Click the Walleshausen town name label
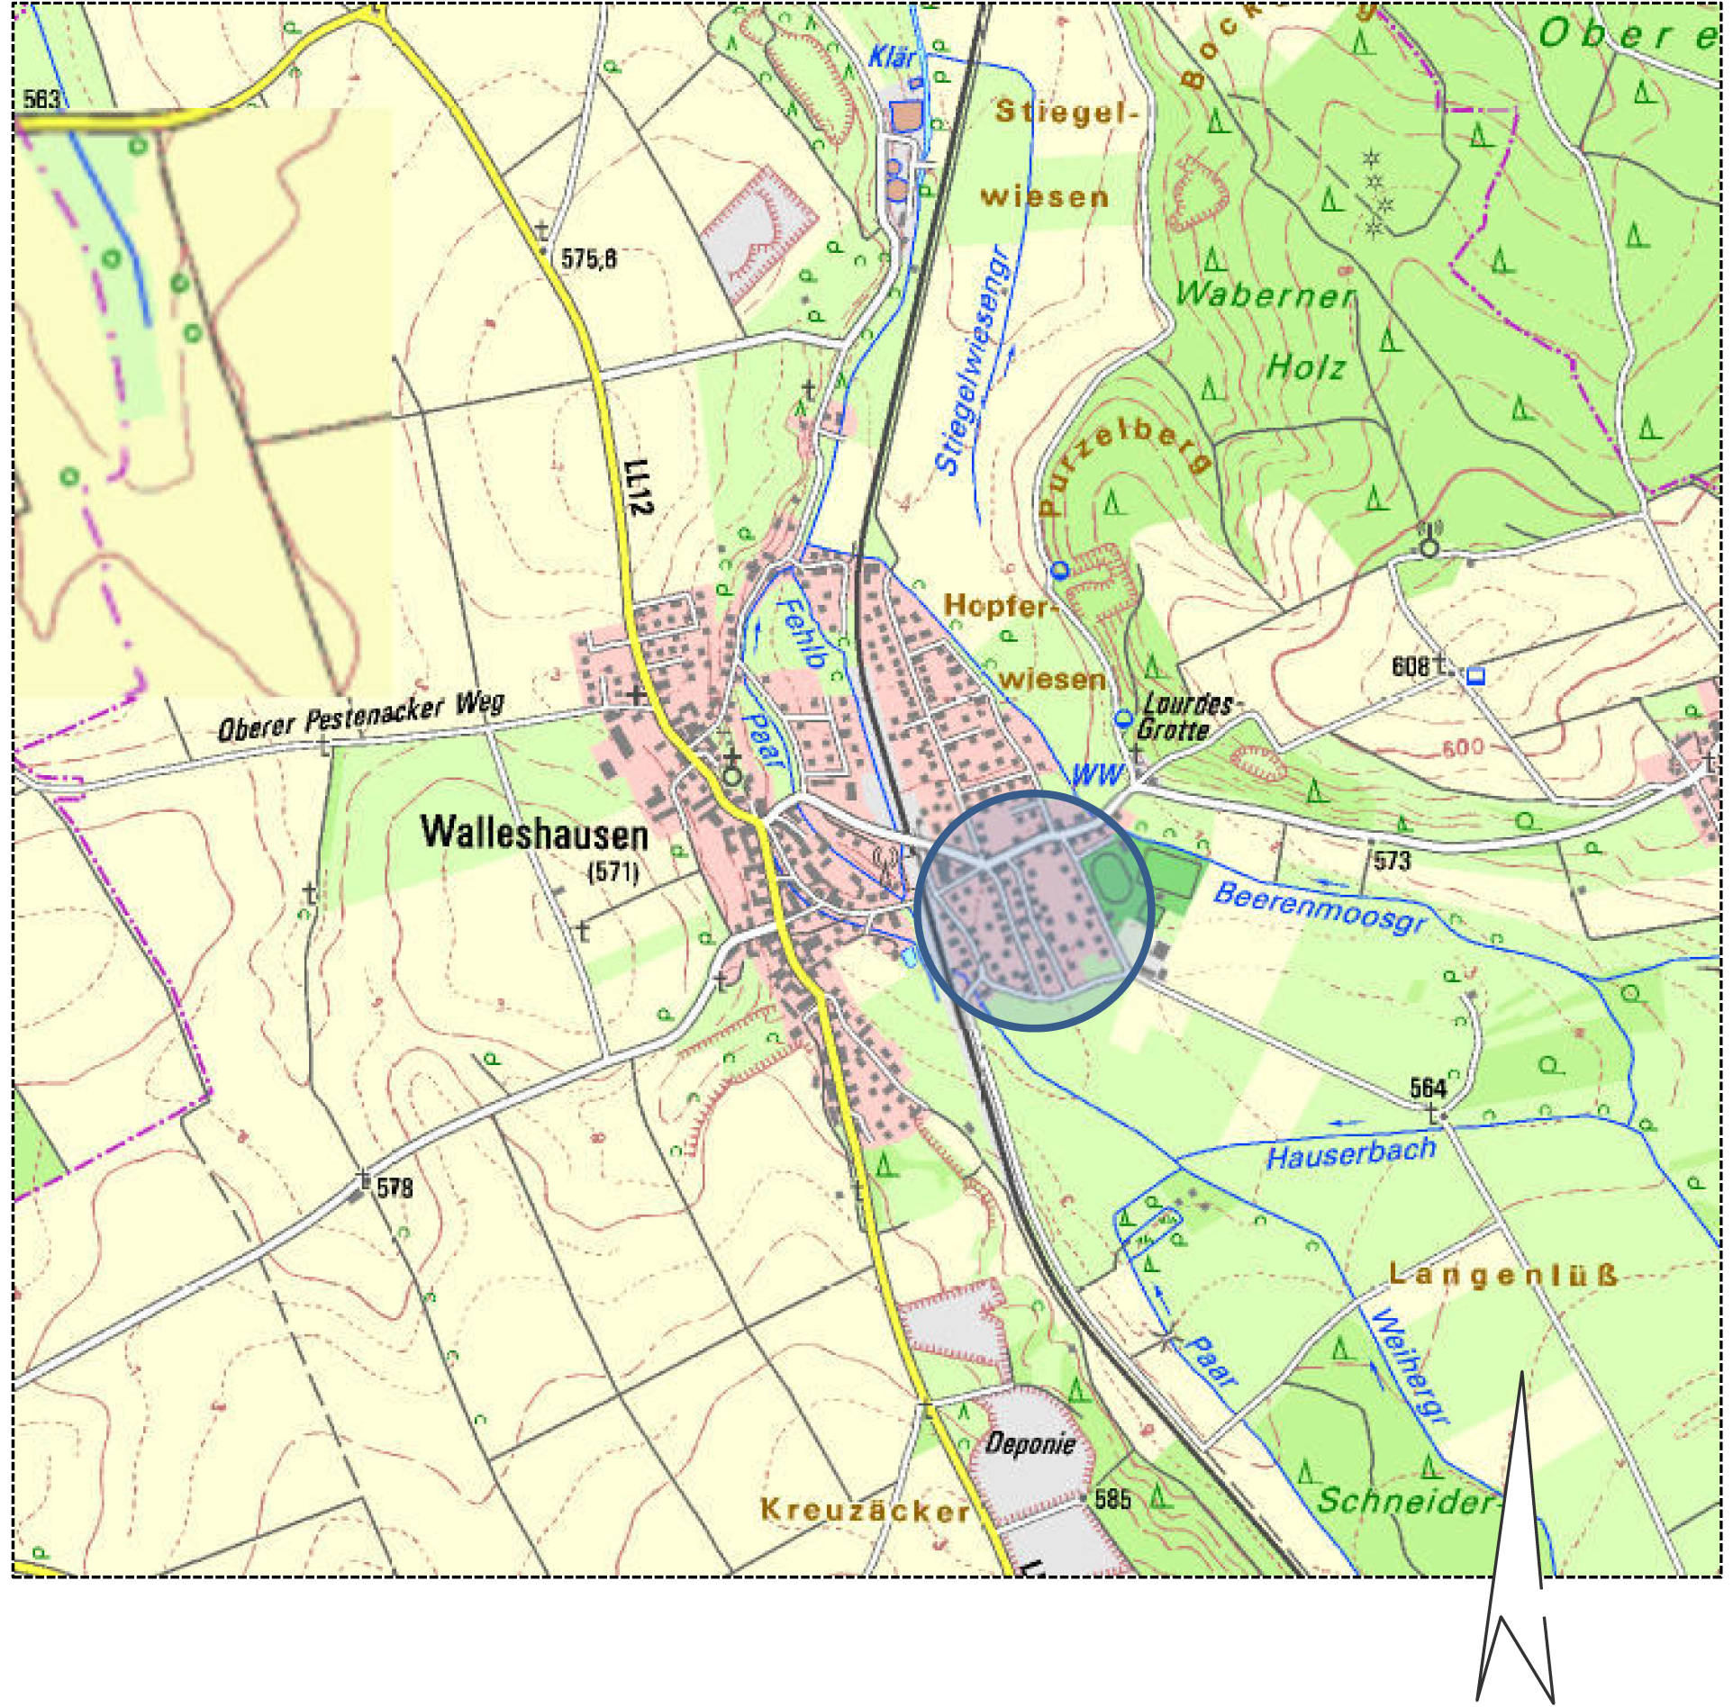tap(534, 832)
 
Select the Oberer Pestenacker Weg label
tap(360, 718)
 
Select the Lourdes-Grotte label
tap(1180, 717)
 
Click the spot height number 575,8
tap(589, 259)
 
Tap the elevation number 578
tap(394, 1188)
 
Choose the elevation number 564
tap(1428, 1088)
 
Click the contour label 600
tap(1462, 747)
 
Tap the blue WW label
tap(1097, 774)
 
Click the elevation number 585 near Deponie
tap(1112, 1500)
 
